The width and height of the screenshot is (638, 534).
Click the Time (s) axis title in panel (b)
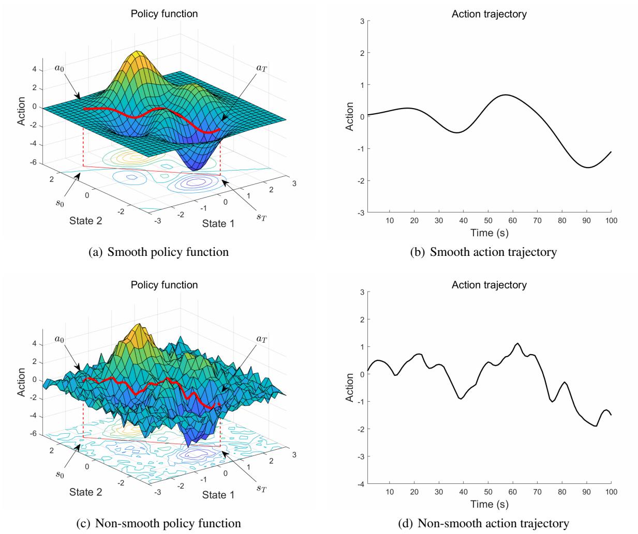(x=489, y=233)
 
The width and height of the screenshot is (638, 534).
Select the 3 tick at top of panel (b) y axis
(x=362, y=21)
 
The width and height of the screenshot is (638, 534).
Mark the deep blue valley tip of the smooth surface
(x=195, y=169)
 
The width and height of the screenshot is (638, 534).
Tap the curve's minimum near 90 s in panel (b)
(x=588, y=167)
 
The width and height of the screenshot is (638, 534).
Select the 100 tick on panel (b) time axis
(x=611, y=220)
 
